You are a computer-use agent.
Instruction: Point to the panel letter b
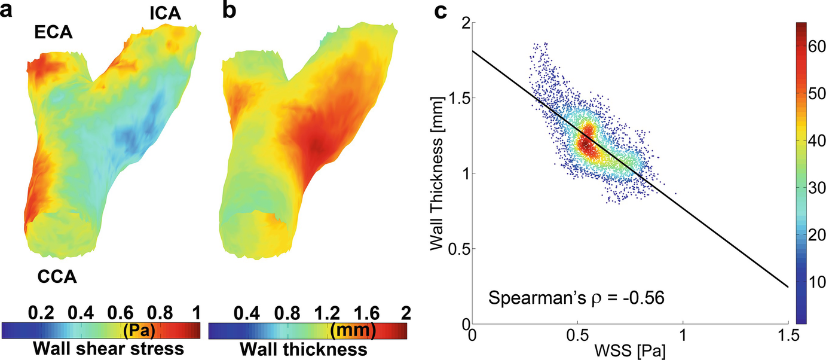point(230,11)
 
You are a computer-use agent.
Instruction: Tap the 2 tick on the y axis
point(464,23)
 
